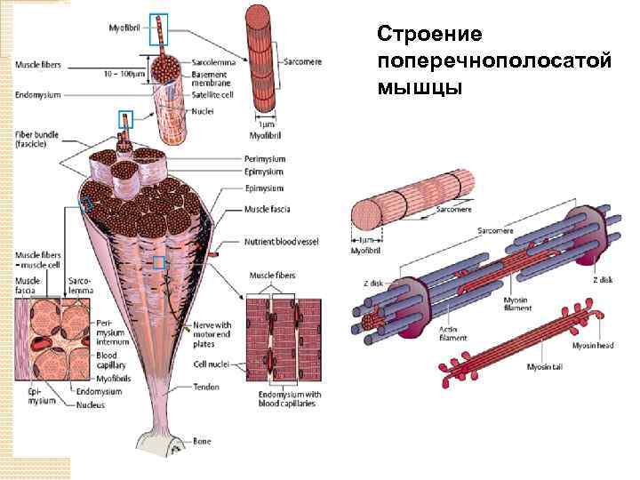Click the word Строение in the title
point(429,34)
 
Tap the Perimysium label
point(264,159)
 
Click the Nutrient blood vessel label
point(282,242)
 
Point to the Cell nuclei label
point(212,365)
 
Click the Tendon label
point(207,388)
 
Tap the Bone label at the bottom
point(202,441)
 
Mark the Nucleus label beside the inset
point(91,405)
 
